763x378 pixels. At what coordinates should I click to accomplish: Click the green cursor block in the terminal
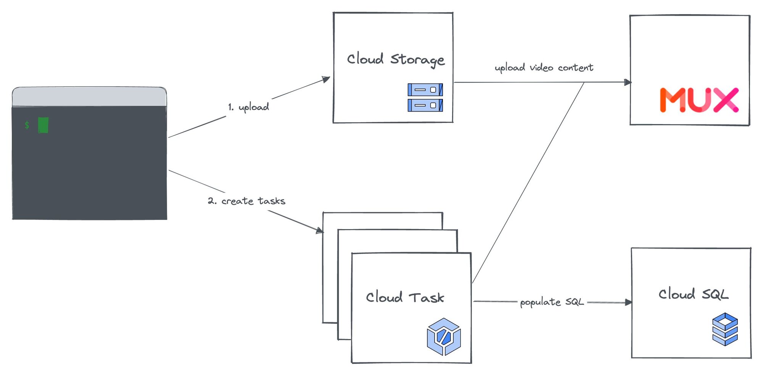[43, 125]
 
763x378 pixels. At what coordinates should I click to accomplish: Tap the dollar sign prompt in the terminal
[27, 125]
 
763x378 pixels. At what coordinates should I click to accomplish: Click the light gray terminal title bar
[89, 97]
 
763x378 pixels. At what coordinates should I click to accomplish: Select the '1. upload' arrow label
[248, 107]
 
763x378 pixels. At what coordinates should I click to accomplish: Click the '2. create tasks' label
[246, 201]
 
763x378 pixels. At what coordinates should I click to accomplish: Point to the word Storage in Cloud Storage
[417, 60]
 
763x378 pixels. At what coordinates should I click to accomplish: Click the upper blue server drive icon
[425, 90]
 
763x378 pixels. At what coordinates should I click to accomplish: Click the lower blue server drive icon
[425, 105]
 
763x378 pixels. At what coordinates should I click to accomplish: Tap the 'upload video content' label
[544, 68]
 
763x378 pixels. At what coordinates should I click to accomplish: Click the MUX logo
[699, 100]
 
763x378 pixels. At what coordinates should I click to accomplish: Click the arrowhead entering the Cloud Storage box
[326, 79]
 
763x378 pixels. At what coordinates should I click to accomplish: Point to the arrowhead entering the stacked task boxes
[319, 230]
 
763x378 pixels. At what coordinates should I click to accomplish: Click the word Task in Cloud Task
[427, 297]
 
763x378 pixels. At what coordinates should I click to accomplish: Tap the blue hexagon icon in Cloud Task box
[444, 337]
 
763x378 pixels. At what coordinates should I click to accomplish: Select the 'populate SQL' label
[552, 302]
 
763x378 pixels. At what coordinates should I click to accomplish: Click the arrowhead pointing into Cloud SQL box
[628, 302]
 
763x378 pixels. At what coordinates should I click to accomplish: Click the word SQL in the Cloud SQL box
[715, 294]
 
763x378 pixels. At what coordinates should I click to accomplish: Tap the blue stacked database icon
[725, 329]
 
